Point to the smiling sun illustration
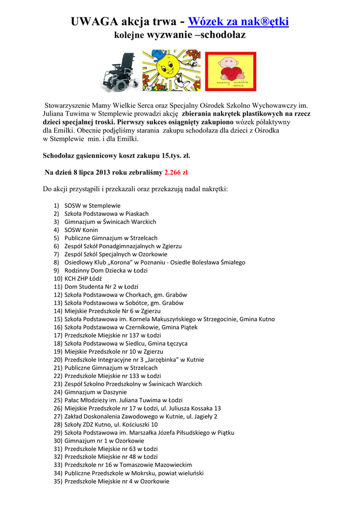tap(172, 70)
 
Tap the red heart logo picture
tap(230, 71)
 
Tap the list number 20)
tap(58, 360)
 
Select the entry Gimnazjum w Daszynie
tap(95, 392)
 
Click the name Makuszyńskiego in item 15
tap(167, 319)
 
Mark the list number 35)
tap(58, 481)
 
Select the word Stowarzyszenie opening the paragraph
tap(69, 106)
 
